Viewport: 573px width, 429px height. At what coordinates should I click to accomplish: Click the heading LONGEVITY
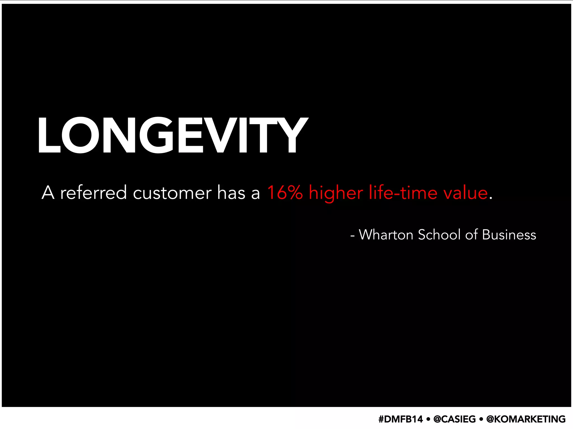pos(173,135)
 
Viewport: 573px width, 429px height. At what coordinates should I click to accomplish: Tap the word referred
pos(93,193)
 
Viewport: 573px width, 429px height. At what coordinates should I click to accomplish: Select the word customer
pos(172,193)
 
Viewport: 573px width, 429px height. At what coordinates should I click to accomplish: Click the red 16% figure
pos(285,192)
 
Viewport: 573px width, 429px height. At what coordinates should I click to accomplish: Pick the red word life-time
pos(403,192)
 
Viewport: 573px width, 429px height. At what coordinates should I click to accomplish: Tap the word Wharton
pos(386,235)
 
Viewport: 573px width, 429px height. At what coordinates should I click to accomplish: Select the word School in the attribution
pos(439,235)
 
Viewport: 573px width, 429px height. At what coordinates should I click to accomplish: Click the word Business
pos(509,235)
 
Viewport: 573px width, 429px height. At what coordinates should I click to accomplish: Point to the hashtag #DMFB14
pos(401,419)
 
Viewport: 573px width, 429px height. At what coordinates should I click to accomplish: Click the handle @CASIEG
pos(454,419)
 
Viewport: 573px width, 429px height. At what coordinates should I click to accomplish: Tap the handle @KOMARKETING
pos(526,419)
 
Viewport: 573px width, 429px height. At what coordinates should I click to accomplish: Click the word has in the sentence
pos(231,193)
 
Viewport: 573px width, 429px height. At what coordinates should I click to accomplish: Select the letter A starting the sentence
pos(48,193)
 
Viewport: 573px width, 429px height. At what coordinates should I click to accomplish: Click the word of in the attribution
pos(471,235)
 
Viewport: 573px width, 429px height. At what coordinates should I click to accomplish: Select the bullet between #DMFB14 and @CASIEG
pos(428,419)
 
